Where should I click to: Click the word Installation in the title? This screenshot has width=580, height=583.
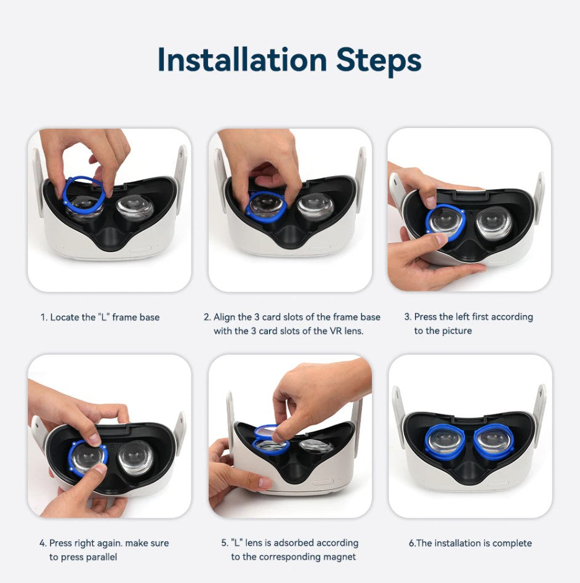(243, 60)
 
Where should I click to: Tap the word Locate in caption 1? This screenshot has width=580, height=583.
(65, 317)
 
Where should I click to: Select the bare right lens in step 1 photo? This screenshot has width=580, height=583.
(135, 207)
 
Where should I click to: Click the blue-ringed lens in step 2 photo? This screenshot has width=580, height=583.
(266, 207)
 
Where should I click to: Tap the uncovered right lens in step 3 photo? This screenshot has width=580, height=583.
(494, 222)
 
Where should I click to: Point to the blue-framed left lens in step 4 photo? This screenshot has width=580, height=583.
(87, 459)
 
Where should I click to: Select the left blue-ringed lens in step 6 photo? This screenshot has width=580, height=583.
(445, 442)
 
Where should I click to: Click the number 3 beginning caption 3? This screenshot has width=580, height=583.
(407, 317)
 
